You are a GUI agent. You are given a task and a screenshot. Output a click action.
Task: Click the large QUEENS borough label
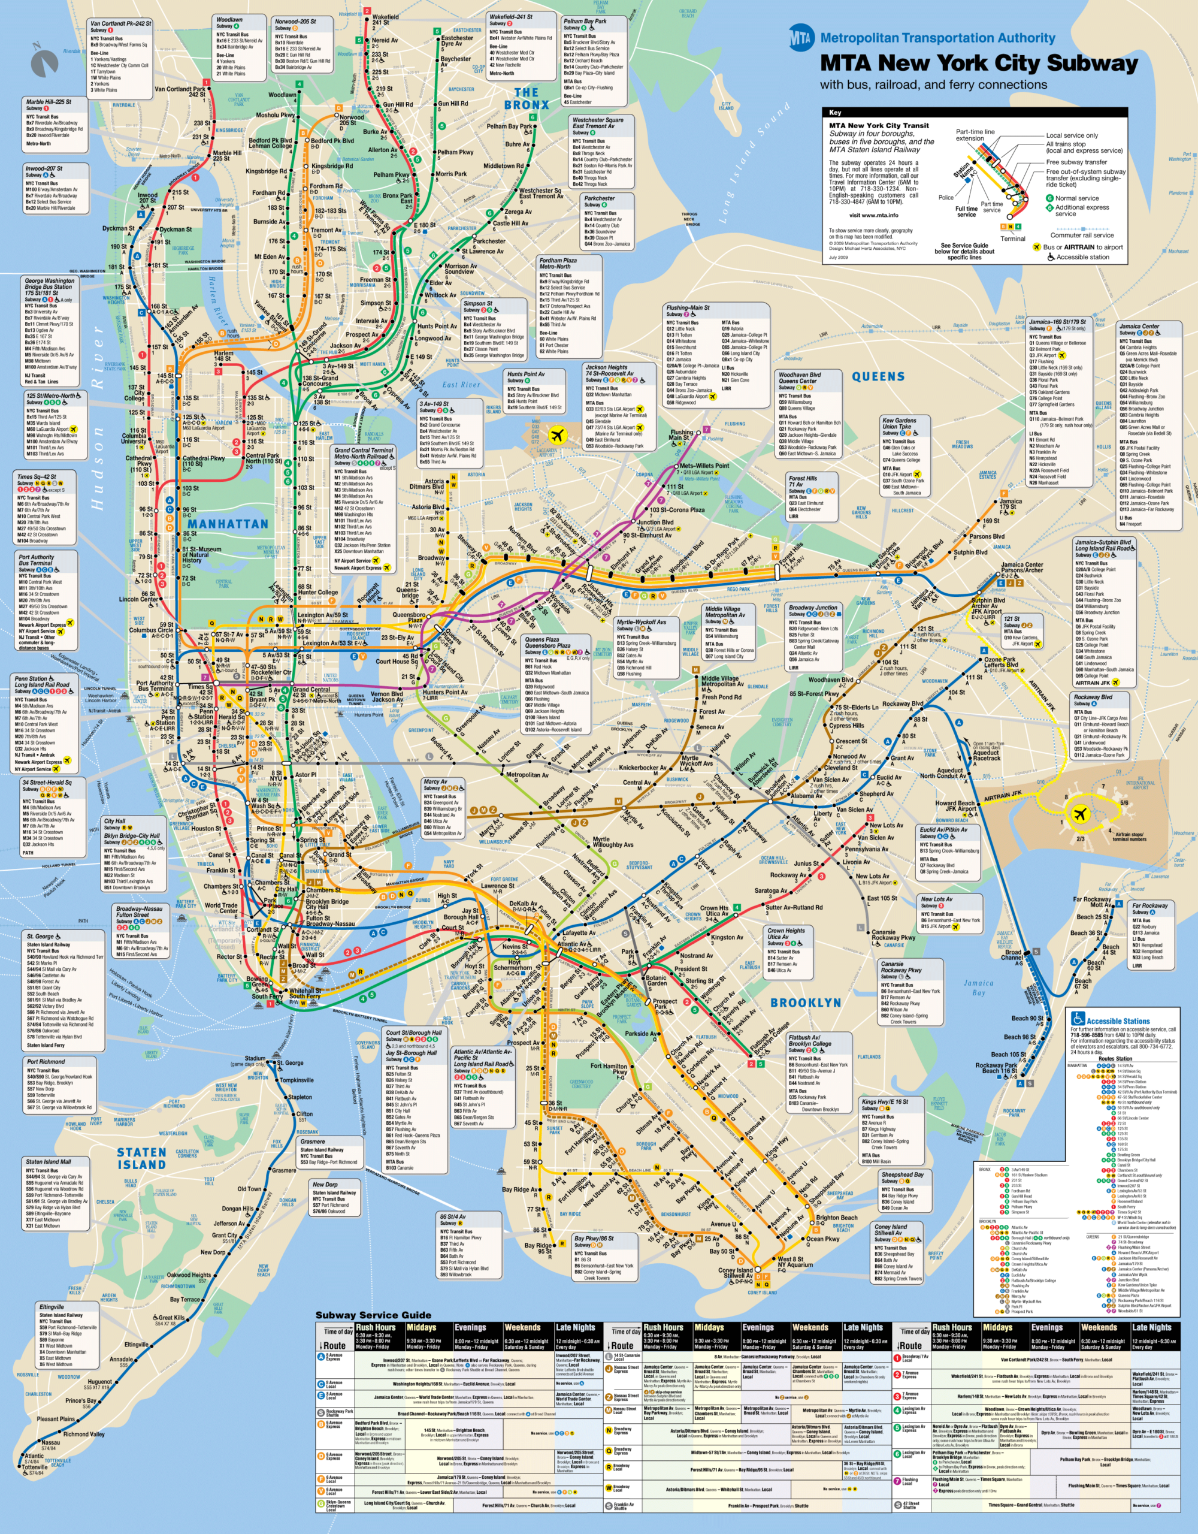[878, 376]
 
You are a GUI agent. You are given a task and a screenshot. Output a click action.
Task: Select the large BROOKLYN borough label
[806, 1002]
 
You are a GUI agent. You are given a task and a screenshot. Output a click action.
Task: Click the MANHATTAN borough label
[228, 524]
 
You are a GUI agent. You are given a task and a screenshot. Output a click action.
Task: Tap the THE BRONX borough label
[526, 98]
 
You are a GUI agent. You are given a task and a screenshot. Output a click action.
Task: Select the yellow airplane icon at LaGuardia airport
[557, 434]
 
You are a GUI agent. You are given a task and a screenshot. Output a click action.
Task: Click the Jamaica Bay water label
[978, 988]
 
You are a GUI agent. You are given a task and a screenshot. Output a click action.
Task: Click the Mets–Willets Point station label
[704, 466]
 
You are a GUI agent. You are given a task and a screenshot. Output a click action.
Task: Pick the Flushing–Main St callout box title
[688, 307]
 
